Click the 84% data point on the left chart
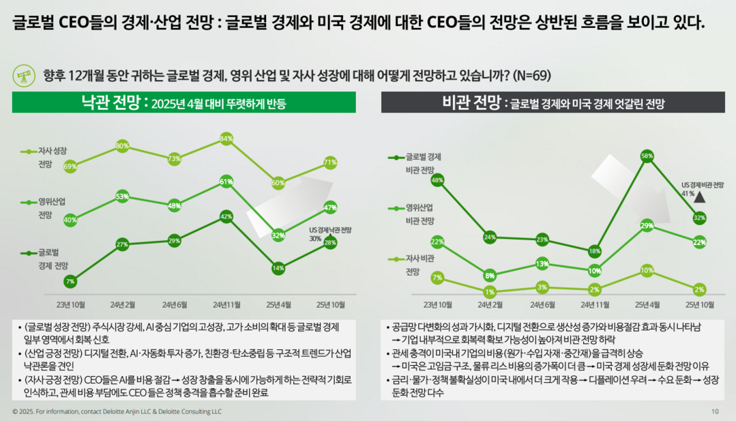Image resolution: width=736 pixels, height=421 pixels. point(227,139)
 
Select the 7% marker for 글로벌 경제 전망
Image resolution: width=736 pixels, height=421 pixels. point(70,281)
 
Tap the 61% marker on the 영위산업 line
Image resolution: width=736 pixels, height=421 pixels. point(227,182)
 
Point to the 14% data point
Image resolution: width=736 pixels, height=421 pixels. point(278,268)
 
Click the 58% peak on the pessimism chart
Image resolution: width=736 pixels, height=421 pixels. point(647,156)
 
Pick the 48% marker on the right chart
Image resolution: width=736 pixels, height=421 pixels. point(438,180)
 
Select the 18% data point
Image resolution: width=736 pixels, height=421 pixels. point(595,251)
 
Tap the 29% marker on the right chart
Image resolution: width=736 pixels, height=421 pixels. point(647,226)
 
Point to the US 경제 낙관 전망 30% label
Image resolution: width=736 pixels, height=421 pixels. point(329,234)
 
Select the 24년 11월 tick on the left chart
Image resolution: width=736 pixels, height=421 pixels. point(227,304)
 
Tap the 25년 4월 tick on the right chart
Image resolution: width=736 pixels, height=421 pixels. point(647,304)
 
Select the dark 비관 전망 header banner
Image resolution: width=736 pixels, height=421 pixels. point(553,102)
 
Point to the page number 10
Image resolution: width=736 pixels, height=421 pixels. point(715,411)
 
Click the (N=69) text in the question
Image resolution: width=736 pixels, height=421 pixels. point(531,74)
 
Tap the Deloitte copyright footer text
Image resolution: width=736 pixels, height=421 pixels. point(117,411)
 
